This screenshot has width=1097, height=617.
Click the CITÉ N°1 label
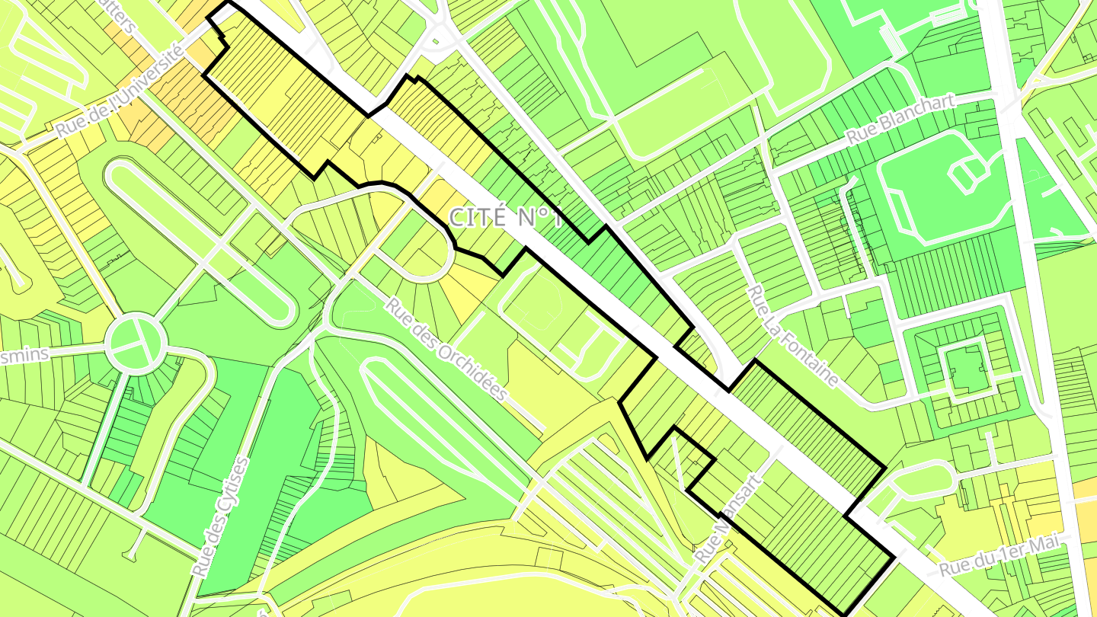point(505,217)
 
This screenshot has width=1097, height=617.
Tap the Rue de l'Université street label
point(120,91)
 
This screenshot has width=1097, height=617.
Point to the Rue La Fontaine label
point(793,336)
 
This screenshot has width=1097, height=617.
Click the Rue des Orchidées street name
point(446,349)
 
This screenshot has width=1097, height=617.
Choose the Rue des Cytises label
point(222,516)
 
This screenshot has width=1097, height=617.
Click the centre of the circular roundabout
point(136,344)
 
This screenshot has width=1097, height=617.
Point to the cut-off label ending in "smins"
point(23,355)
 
